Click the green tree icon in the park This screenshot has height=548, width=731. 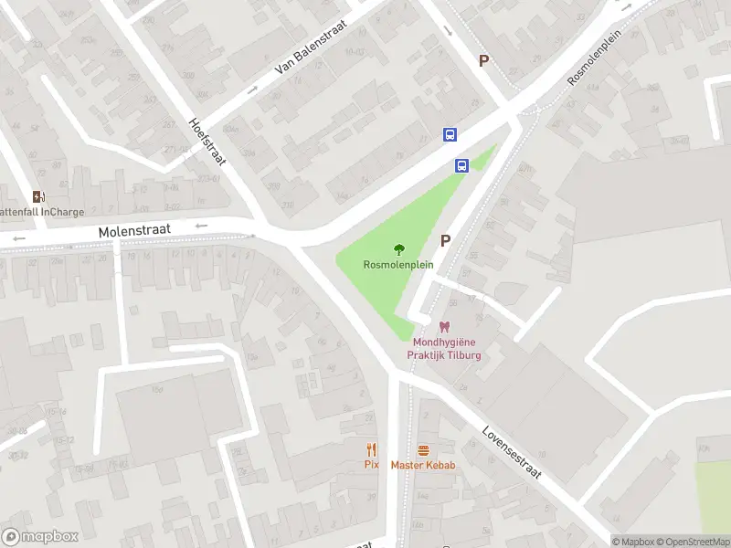(x=398, y=249)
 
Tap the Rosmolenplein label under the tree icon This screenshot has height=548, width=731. (x=398, y=265)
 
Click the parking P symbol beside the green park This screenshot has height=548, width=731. (x=446, y=241)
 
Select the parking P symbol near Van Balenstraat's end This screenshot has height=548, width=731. (x=484, y=60)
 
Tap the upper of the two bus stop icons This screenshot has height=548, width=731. (x=450, y=134)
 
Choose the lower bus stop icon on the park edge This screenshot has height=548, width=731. (x=462, y=165)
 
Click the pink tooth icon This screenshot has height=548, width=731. (x=445, y=327)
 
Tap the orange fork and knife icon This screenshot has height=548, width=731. (x=371, y=449)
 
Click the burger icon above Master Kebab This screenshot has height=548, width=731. (x=423, y=449)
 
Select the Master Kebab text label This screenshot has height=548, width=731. (x=423, y=465)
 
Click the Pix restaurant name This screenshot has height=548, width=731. (x=371, y=465)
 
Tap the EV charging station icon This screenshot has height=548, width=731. (x=38, y=196)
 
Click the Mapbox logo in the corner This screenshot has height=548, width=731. (x=40, y=537)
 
